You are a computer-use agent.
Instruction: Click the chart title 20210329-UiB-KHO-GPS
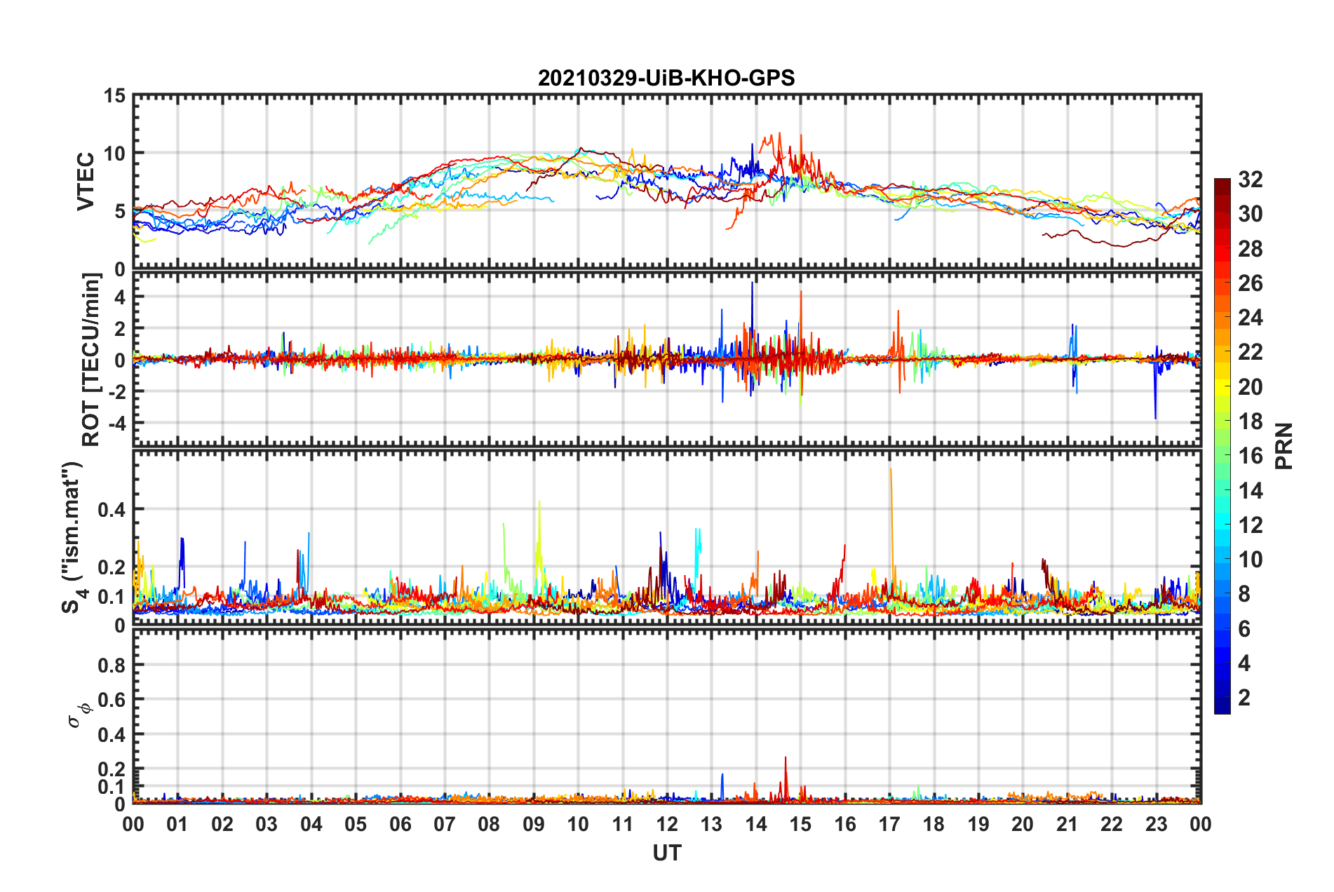tap(666, 78)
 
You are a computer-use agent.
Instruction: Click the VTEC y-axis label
tap(86, 181)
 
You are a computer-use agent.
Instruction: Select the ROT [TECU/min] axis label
tap(91, 359)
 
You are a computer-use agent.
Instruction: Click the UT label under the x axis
tap(666, 853)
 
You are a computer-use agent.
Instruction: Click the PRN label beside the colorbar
tap(1284, 446)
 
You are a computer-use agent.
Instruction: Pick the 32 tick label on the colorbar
tap(1250, 180)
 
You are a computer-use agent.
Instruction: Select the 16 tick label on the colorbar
tap(1250, 456)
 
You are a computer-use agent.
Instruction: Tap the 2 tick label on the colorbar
tap(1244, 697)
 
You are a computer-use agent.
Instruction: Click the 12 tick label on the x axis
tap(667, 824)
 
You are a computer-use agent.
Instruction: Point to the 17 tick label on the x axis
tap(889, 824)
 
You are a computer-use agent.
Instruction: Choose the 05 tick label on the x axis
tap(356, 824)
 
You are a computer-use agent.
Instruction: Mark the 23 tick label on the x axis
tap(1156, 824)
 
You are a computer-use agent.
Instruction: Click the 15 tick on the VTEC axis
tap(114, 95)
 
